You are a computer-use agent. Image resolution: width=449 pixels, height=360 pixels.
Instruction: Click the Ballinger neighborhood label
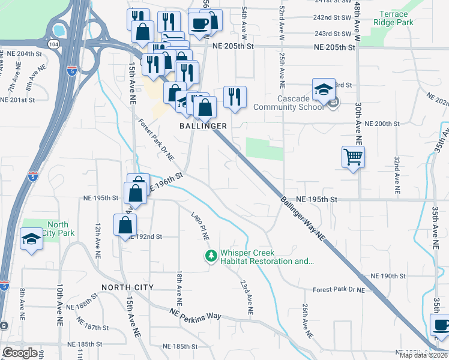click(x=203, y=126)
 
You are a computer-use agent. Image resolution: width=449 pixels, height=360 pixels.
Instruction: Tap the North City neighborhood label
click(x=128, y=287)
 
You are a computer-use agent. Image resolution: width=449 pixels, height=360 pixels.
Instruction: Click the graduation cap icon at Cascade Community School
click(x=324, y=89)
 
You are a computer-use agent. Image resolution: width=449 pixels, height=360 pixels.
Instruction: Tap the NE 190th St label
click(x=389, y=275)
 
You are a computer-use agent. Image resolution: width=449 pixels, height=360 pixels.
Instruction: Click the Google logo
click(x=20, y=353)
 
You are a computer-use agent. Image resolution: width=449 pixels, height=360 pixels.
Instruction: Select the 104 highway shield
click(x=55, y=44)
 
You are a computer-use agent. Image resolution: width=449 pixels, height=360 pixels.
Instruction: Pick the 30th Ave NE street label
click(x=358, y=122)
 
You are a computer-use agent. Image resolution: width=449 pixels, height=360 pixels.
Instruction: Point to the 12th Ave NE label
click(x=97, y=237)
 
